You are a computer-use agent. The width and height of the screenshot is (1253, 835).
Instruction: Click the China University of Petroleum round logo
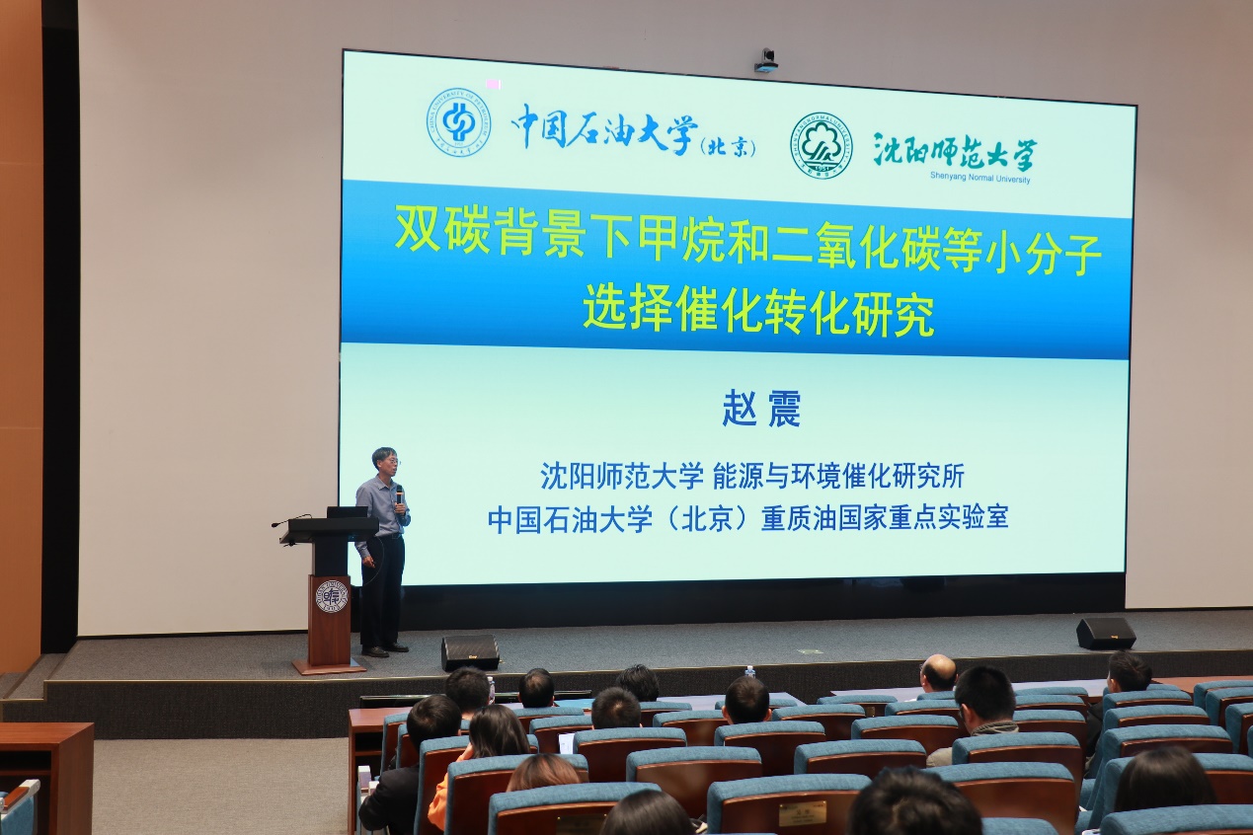point(459,122)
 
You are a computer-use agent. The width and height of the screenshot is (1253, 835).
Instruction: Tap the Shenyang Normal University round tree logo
point(821,145)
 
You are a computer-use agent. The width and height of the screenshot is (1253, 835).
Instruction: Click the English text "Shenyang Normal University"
point(980,178)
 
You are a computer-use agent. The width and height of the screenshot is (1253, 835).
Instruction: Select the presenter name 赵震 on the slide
point(760,408)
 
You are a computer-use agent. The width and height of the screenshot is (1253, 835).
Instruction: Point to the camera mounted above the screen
point(766,60)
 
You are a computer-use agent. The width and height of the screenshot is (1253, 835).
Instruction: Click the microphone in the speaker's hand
point(399,495)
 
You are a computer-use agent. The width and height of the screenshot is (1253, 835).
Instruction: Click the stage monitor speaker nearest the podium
point(470,652)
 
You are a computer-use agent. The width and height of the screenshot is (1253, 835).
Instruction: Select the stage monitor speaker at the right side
point(1106,633)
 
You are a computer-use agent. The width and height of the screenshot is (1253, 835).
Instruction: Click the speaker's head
point(386,461)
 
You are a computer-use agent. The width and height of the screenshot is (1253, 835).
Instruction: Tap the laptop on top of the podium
point(347,511)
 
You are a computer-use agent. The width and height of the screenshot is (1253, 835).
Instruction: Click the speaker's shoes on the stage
point(385,649)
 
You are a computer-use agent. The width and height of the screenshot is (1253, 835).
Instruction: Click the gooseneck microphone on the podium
point(291,520)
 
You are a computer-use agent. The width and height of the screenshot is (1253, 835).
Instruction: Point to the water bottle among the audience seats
point(750,673)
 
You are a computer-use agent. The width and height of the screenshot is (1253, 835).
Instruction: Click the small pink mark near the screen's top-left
point(493,85)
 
